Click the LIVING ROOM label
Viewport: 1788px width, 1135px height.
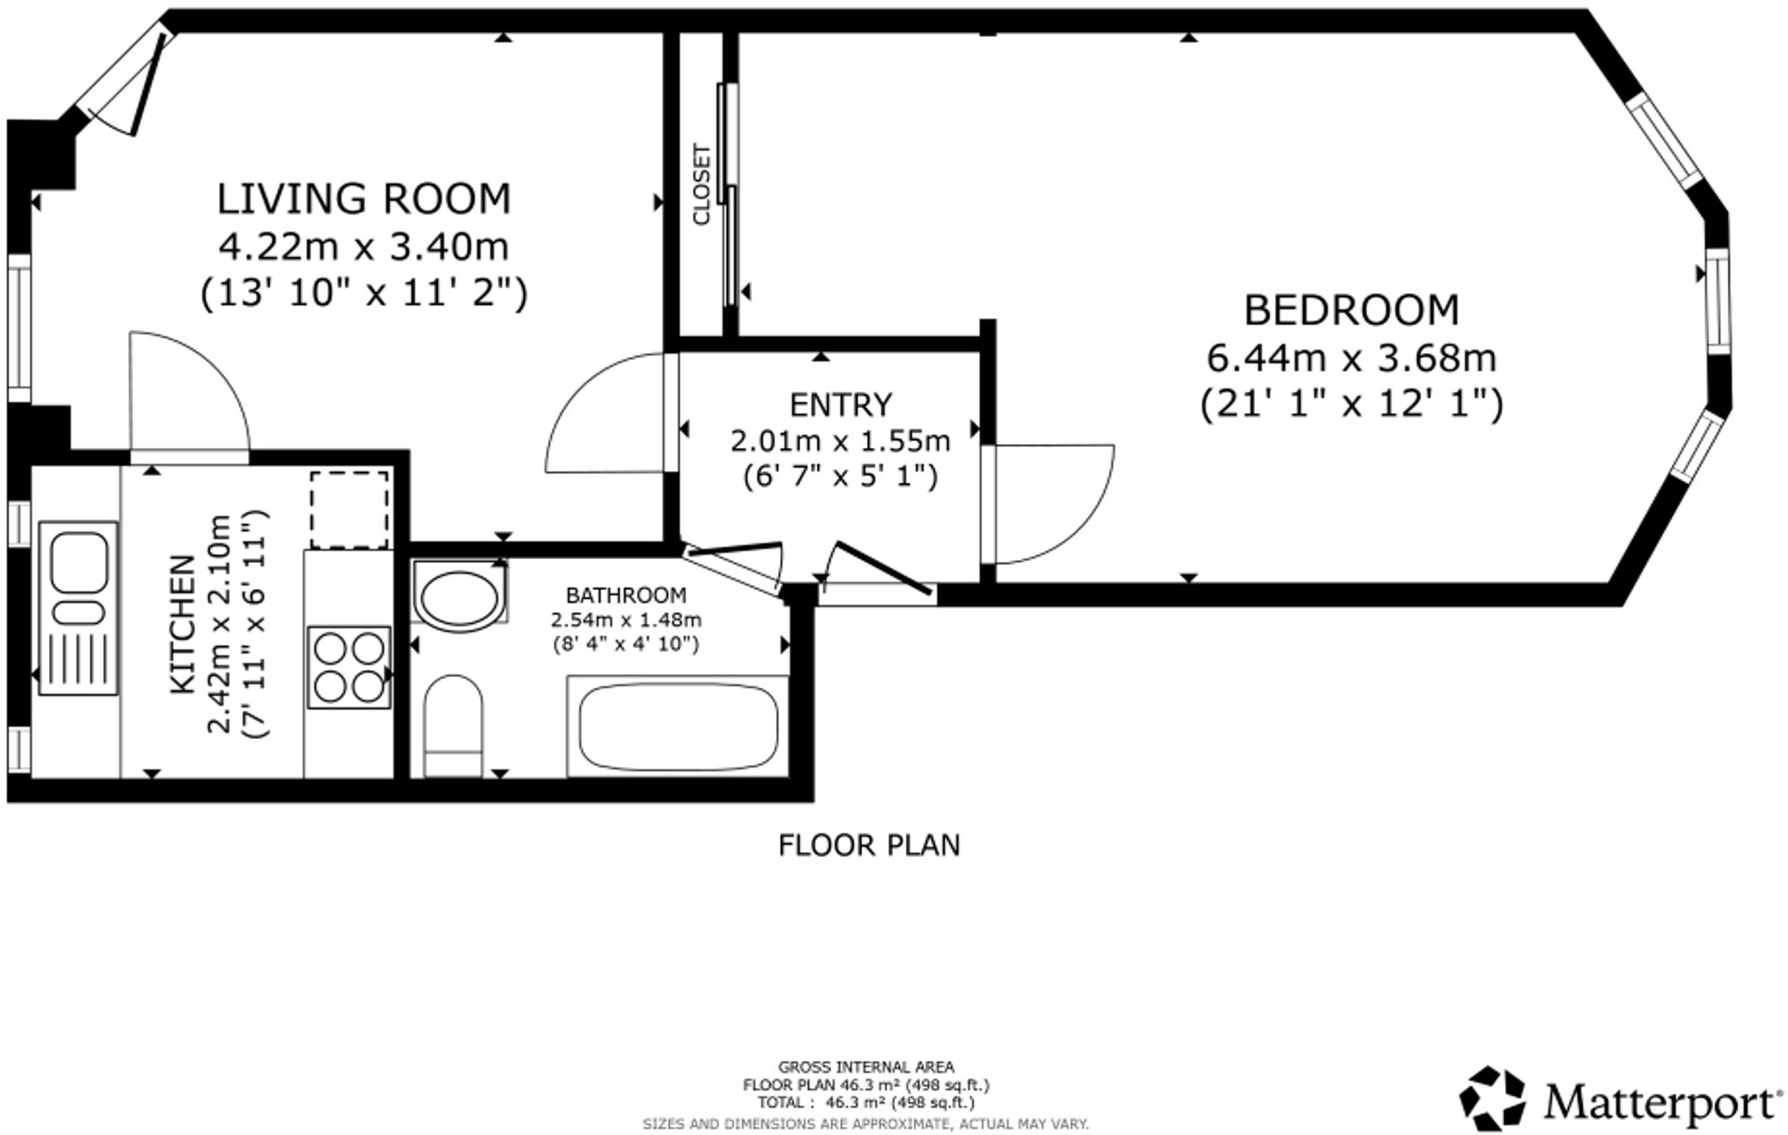pyautogui.click(x=364, y=199)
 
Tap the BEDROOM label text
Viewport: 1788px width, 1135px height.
pyautogui.click(x=1350, y=311)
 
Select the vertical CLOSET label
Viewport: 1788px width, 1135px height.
pyautogui.click(x=701, y=184)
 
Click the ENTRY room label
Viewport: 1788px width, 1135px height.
pyautogui.click(x=840, y=405)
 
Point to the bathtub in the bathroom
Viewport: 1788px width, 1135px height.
pyautogui.click(x=678, y=725)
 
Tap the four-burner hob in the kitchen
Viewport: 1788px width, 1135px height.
pyautogui.click(x=349, y=667)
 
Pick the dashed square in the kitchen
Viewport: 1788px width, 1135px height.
pyautogui.click(x=349, y=509)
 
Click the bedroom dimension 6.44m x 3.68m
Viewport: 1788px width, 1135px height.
pyautogui.click(x=1350, y=357)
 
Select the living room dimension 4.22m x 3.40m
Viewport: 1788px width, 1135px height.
pyautogui.click(x=364, y=247)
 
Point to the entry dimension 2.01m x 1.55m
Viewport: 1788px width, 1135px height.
pyautogui.click(x=840, y=440)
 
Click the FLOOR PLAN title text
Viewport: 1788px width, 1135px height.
pyautogui.click(x=868, y=845)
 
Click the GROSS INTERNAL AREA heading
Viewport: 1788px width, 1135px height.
pyautogui.click(x=865, y=1067)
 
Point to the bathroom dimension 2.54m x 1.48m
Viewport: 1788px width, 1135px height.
pyautogui.click(x=626, y=619)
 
